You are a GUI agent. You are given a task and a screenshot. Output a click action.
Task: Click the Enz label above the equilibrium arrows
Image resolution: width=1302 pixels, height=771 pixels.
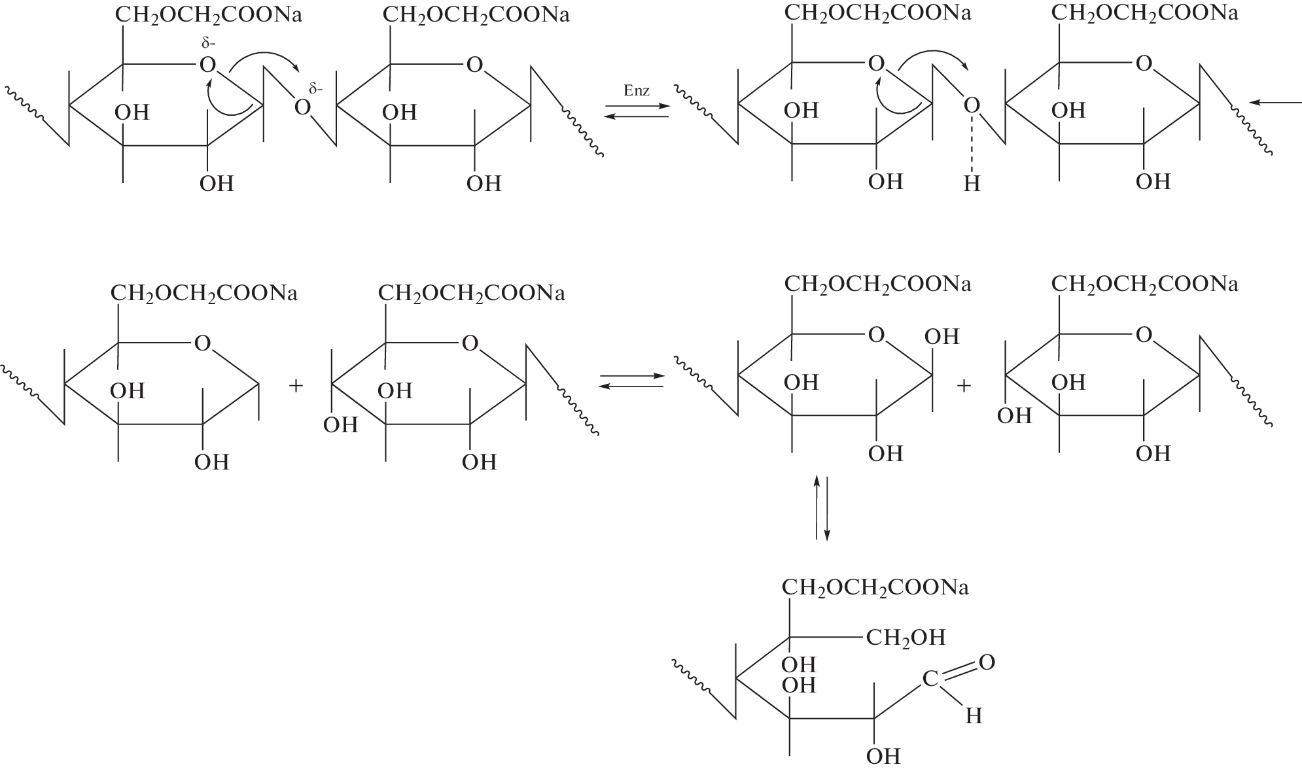coord(636,91)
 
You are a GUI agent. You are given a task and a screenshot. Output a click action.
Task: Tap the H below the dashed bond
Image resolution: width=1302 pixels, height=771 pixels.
coord(972,185)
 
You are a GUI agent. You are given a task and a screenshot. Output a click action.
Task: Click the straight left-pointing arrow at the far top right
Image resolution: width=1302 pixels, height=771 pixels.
coord(1275,103)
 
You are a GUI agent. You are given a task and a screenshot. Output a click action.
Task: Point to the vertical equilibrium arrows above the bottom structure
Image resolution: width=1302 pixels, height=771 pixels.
coord(822,507)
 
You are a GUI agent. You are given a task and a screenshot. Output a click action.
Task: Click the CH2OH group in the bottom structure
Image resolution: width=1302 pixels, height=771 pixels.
coord(906,638)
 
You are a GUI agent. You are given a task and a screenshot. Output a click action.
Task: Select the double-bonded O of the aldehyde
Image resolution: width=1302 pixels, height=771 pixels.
coord(987,662)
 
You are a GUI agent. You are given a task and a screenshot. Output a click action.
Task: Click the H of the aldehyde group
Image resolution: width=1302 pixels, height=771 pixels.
coord(974,717)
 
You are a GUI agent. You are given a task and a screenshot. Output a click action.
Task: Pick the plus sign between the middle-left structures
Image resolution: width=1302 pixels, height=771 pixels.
coord(296,386)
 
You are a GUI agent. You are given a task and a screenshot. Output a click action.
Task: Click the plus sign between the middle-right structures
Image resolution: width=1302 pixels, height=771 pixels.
coord(963,386)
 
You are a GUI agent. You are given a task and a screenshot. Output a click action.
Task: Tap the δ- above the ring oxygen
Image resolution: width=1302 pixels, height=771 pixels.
coord(208,44)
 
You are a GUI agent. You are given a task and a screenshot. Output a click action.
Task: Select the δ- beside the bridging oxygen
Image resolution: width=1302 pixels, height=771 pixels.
coord(317,89)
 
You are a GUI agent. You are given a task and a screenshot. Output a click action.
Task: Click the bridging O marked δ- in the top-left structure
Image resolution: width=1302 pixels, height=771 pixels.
coord(302,107)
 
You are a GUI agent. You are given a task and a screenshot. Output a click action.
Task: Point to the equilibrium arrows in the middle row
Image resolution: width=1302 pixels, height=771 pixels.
coord(631,382)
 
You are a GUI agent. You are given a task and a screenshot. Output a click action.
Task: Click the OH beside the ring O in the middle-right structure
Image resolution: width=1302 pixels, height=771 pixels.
coord(941,337)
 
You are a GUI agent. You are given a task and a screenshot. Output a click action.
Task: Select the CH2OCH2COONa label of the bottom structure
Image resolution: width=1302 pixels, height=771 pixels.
coord(875,588)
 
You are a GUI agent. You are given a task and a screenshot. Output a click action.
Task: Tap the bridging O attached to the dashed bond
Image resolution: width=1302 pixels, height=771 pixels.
coord(972,105)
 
